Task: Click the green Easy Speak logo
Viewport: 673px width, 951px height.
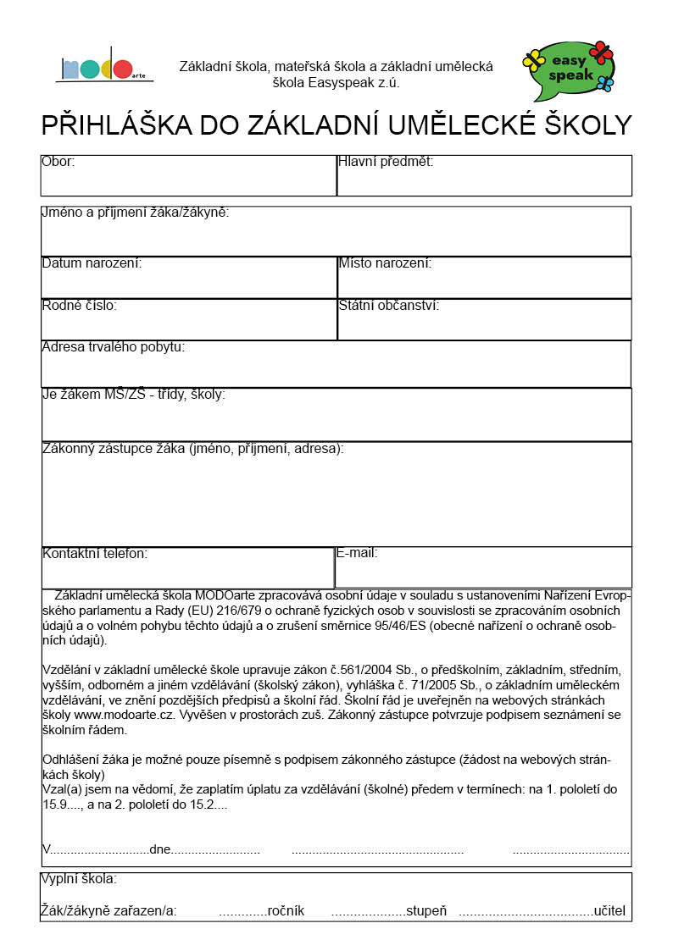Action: [570, 68]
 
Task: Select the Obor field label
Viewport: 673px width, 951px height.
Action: [58, 161]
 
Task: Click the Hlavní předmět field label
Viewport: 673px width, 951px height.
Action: [386, 161]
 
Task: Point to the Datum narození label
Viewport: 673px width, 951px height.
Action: [92, 263]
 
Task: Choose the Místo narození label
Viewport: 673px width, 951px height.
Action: [385, 263]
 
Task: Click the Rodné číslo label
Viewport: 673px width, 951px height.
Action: [80, 306]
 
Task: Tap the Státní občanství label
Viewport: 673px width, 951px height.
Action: [388, 306]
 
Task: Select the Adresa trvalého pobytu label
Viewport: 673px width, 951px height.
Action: [113, 346]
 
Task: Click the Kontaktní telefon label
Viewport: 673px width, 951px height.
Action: [95, 554]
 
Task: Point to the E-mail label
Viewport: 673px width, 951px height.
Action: [357, 553]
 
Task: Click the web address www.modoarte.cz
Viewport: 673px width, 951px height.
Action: [125, 716]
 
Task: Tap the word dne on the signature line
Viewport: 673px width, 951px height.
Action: [160, 849]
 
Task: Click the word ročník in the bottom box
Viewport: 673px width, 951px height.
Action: [286, 911]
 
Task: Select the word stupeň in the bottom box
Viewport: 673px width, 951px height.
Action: [426, 911]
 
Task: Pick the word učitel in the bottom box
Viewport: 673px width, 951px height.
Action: [609, 911]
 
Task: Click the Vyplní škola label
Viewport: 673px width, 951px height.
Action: [79, 879]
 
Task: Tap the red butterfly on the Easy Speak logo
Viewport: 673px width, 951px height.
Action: [600, 52]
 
